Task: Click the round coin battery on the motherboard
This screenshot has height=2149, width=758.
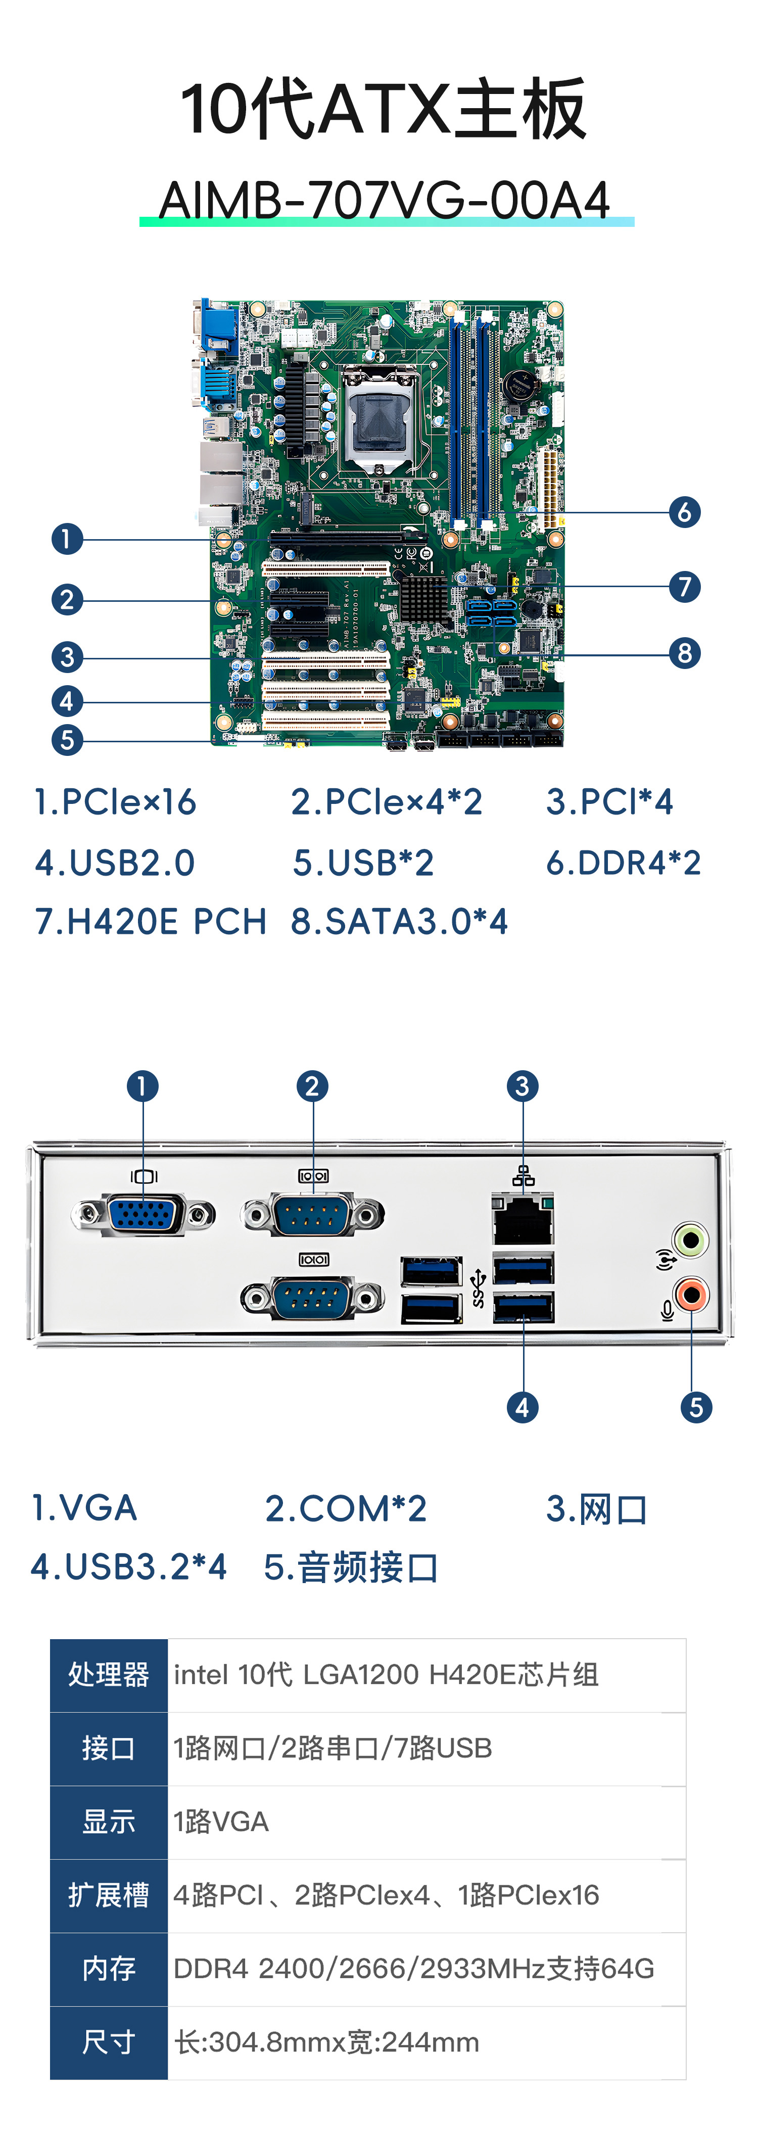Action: [518, 386]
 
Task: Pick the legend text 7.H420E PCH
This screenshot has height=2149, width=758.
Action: [150, 922]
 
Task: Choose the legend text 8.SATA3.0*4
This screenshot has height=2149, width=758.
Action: [399, 922]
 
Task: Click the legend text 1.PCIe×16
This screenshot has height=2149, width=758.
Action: [115, 802]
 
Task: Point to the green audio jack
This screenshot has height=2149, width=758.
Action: [690, 1239]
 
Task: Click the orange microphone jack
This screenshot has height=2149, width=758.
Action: [690, 1296]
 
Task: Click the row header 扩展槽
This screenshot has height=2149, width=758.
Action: [109, 1895]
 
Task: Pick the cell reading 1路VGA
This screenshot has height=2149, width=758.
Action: [221, 1822]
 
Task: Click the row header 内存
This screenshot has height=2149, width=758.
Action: [109, 1969]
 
